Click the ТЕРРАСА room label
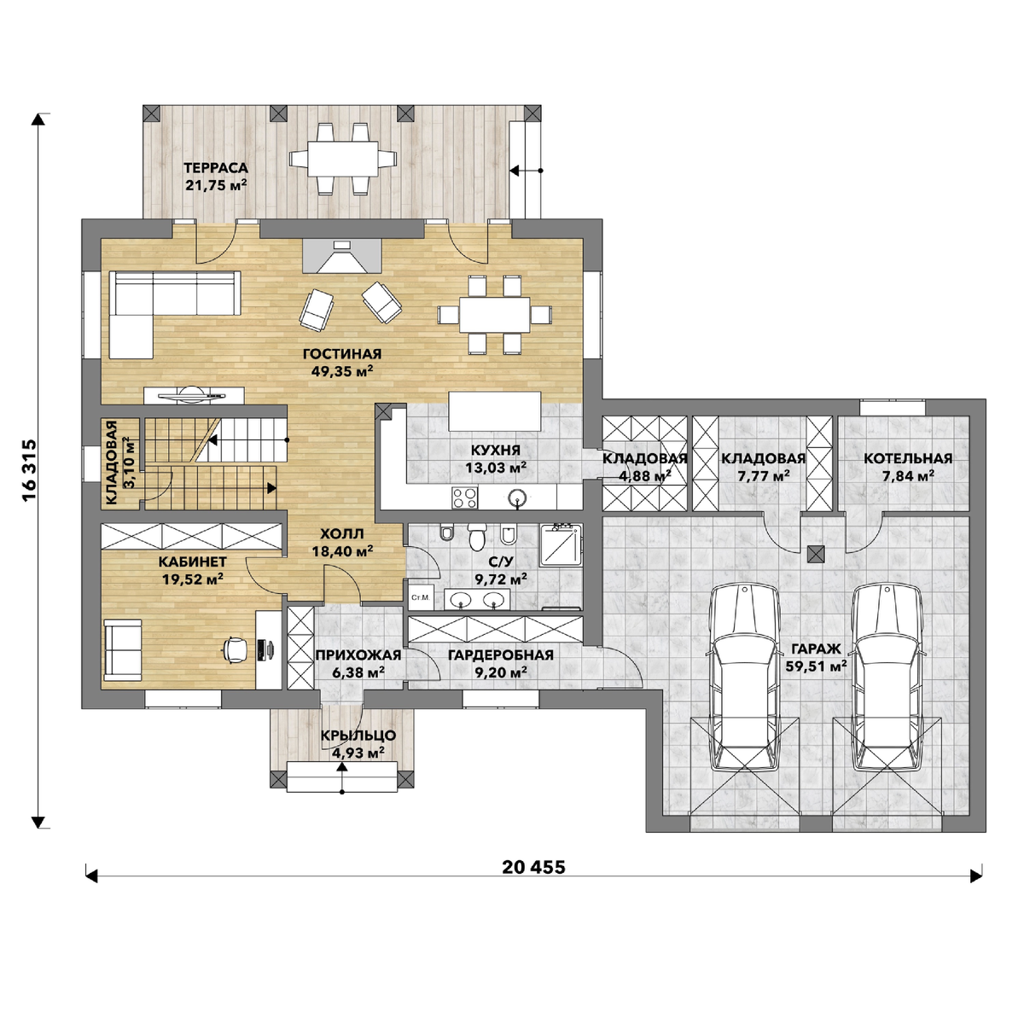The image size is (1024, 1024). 216,168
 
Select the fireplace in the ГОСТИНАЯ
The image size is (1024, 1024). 341,256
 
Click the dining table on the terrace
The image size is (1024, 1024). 343,159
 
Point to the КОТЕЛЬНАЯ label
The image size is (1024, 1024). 908,458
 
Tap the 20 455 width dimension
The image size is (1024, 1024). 533,867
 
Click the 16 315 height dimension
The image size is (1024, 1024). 29,469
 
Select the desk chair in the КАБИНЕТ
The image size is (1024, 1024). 236,649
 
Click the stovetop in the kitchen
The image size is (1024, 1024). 464,497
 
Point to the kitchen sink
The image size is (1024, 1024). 517,497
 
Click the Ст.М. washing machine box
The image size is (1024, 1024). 421,597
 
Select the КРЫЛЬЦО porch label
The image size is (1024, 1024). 358,736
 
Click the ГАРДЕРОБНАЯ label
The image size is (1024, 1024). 501,655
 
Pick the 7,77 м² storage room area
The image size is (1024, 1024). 763,475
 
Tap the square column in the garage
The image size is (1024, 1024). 816,555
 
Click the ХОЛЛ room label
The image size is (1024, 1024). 341,533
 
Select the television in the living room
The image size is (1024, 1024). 195,394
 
